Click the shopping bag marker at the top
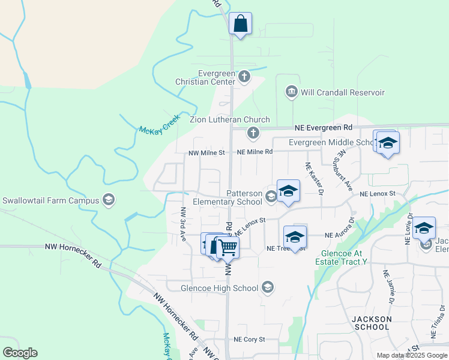[240, 24]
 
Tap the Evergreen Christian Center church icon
[244, 76]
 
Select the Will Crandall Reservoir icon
[292, 92]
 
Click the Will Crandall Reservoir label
[343, 92]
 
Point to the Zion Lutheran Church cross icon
[253, 132]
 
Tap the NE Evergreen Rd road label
[323, 128]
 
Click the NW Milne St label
[206, 152]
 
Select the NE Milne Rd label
[255, 152]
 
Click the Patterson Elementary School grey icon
[271, 196]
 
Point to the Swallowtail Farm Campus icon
[109, 200]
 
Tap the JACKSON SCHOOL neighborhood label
[372, 323]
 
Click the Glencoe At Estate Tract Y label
[343, 257]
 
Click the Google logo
[20, 353]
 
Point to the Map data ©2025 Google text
[411, 355]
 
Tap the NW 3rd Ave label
[183, 221]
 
